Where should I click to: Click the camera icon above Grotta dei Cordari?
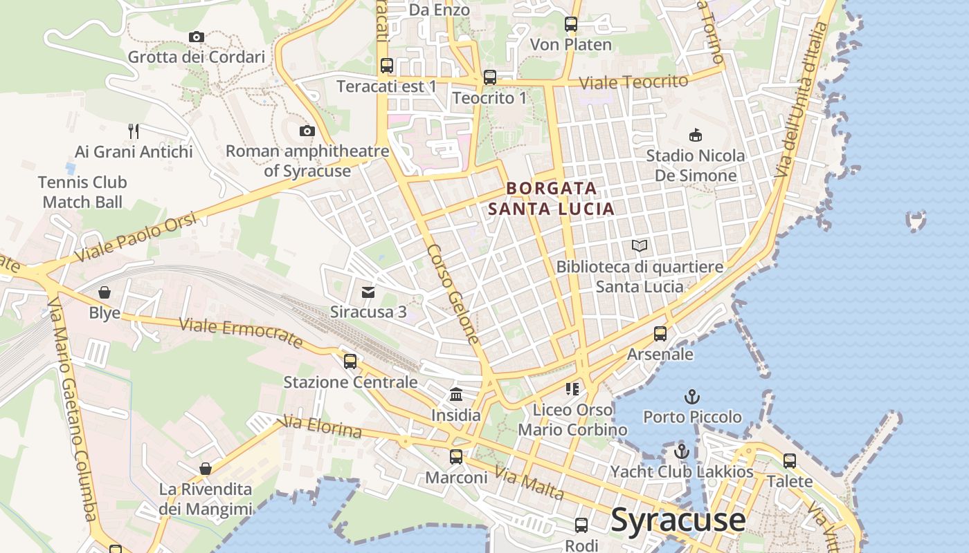(196, 37)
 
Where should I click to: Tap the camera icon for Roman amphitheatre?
(307, 131)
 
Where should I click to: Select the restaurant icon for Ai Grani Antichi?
(134, 131)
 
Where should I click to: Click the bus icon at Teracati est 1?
(387, 66)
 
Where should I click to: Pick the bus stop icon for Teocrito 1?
(490, 77)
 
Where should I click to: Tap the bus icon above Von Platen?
(571, 24)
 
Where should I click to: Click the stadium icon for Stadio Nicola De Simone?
(696, 135)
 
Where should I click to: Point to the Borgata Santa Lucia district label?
(551, 198)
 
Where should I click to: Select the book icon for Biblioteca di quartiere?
(640, 245)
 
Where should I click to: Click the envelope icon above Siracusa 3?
(368, 292)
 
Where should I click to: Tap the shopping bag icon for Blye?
(105, 292)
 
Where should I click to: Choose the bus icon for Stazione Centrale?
(350, 361)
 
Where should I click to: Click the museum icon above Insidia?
(456, 395)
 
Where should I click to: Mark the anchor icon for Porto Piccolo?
(691, 397)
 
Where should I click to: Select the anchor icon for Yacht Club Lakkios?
(682, 451)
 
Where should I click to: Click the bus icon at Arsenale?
(660, 334)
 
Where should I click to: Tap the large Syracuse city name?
(678, 519)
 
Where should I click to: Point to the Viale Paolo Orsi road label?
(135, 237)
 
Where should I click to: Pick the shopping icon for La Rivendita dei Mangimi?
(206, 469)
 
